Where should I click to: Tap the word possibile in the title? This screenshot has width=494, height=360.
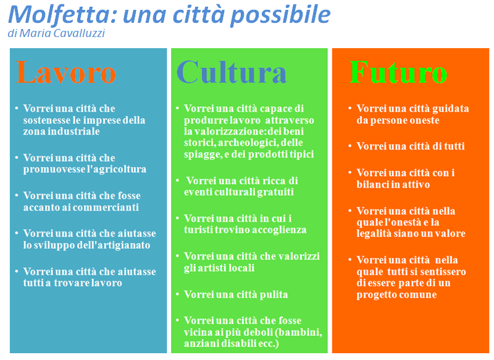280,15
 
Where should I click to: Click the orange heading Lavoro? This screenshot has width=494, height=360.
66,72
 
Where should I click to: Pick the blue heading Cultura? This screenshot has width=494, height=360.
232,72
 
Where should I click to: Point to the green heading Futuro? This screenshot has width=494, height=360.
398,72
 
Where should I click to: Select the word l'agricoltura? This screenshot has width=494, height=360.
116,169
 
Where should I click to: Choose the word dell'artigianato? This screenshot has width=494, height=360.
118,245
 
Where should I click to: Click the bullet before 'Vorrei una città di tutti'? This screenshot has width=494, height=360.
350,146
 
